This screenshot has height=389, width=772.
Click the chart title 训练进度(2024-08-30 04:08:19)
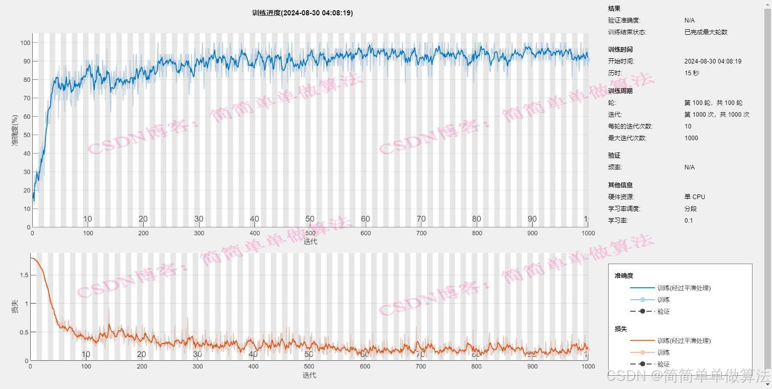pos(302,13)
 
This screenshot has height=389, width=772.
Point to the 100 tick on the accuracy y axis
pos(25,42)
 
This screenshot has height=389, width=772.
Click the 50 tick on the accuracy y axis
pos(27,135)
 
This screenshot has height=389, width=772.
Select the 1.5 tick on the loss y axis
pos(24,275)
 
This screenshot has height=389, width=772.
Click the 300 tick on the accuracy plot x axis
pos(199,233)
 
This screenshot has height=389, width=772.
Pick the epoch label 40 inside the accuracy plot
pos(254,219)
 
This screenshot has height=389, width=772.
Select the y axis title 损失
pos(15,306)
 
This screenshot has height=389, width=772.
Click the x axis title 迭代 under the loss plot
pos(309,375)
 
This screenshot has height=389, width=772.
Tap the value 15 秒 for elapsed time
pos(692,73)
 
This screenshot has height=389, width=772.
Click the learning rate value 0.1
pos(689,221)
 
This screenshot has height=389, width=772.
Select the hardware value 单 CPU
pos(694,197)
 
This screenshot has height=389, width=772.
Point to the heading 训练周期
pos(620,91)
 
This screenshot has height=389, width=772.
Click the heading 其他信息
pos(620,185)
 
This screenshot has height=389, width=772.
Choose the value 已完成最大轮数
pos(705,32)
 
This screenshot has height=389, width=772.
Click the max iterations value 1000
pos(691,138)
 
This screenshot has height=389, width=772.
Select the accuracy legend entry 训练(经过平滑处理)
pos(684,288)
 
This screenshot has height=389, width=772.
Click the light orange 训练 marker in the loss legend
pos(642,353)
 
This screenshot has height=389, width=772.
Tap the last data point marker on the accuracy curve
pos(588,60)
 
